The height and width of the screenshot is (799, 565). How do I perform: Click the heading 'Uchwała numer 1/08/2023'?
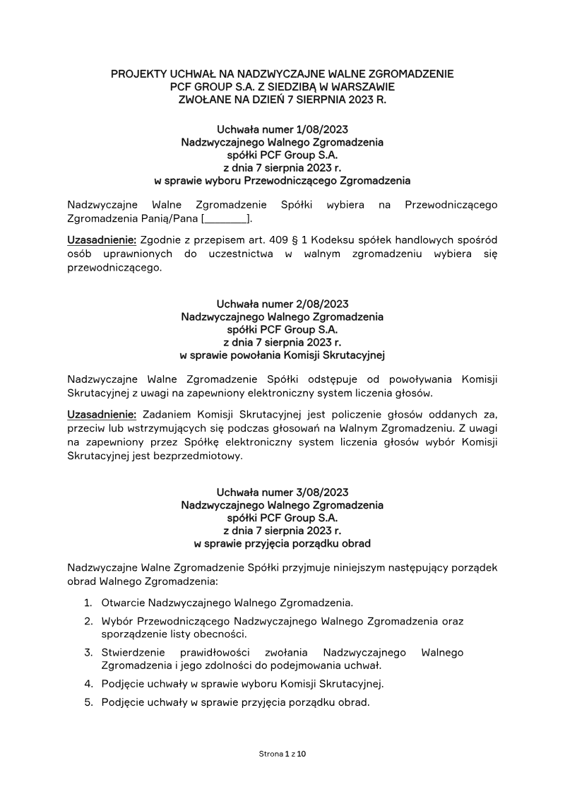[x=282, y=129]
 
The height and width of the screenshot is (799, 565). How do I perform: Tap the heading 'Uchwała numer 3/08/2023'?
[x=282, y=492]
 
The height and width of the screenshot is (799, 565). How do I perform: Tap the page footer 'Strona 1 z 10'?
[x=282, y=754]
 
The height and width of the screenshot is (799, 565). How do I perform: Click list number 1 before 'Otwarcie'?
[x=88, y=603]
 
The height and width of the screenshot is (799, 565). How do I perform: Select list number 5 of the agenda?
[x=88, y=703]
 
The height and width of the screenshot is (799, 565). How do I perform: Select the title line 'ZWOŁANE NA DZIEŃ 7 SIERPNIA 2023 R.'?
[x=282, y=100]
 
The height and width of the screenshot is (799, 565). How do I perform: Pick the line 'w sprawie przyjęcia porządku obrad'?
[x=282, y=544]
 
